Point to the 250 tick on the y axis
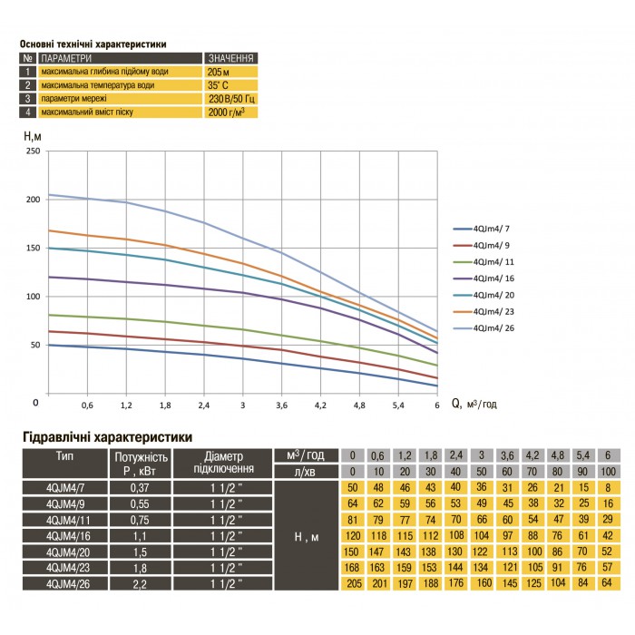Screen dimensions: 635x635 point(34,151)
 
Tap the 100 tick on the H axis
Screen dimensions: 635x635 point(34,297)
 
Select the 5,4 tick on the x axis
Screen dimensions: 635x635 point(398,406)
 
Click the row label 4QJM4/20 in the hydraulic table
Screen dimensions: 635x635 point(63,550)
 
